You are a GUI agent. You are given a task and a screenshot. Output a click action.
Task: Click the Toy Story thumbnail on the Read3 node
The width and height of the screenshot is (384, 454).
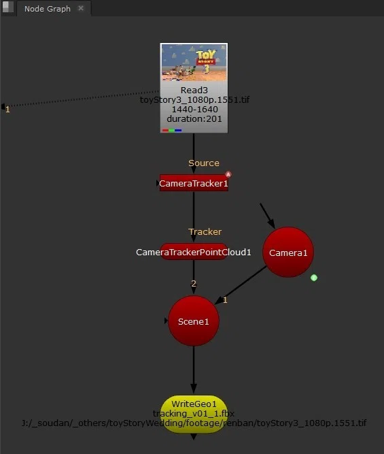pyautogui.click(x=194, y=62)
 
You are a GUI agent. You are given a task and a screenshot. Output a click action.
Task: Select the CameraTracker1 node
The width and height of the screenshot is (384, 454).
pyautogui.click(x=194, y=183)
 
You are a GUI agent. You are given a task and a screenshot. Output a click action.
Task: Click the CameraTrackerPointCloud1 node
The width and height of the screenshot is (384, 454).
pyautogui.click(x=194, y=252)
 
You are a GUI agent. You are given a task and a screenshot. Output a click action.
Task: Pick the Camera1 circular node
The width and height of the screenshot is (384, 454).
pyautogui.click(x=288, y=253)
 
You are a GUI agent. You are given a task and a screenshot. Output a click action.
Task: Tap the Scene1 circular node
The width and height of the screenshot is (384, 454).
pyautogui.click(x=194, y=321)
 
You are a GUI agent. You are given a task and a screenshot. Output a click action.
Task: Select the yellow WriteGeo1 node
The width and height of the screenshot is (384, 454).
pyautogui.click(x=194, y=414)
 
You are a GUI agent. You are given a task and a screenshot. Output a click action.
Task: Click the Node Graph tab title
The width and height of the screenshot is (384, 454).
pyautogui.click(x=48, y=9)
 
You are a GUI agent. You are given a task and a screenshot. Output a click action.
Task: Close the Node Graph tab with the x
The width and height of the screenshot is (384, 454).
pyautogui.click(x=81, y=8)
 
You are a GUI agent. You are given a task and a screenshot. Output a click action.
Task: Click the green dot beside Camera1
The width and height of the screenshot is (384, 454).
pyautogui.click(x=314, y=278)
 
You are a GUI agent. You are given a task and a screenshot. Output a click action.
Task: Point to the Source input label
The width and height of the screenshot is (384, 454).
pyautogui.click(x=204, y=163)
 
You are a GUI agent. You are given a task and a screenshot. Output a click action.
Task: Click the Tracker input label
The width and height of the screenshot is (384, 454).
pyautogui.click(x=205, y=231)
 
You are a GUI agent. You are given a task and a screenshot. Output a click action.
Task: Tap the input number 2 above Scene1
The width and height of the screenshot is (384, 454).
pyautogui.click(x=194, y=283)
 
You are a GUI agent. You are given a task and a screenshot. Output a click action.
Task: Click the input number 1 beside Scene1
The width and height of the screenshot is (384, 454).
pyautogui.click(x=225, y=300)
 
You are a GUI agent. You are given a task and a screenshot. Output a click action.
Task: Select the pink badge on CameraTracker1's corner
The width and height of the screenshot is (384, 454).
pyautogui.click(x=228, y=174)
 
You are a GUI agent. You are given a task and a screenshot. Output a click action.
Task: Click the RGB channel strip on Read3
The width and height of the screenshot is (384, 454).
pyautogui.click(x=172, y=130)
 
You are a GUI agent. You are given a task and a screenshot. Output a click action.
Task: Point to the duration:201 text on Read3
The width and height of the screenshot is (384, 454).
pyautogui.click(x=194, y=118)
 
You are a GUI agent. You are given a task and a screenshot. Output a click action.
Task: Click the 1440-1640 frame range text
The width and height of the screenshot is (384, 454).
pyautogui.click(x=194, y=109)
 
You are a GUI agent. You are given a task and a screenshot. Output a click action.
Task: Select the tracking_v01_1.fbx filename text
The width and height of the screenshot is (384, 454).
pyautogui.click(x=194, y=413)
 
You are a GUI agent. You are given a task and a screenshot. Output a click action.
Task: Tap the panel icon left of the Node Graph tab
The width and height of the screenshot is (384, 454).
pyautogui.click(x=7, y=7)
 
